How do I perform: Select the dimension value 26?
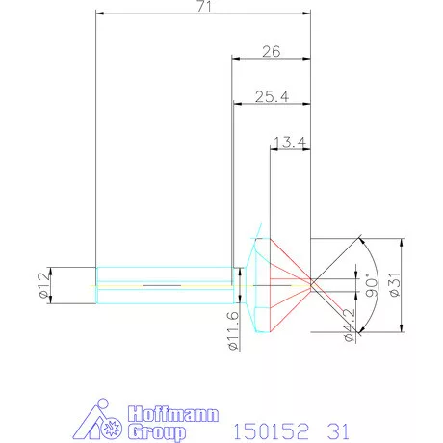(x=271, y=52)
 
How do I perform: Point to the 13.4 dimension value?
(x=289, y=143)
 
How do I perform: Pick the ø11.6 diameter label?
(x=232, y=329)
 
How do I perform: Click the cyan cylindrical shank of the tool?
(x=164, y=275)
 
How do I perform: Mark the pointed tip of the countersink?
(x=311, y=285)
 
